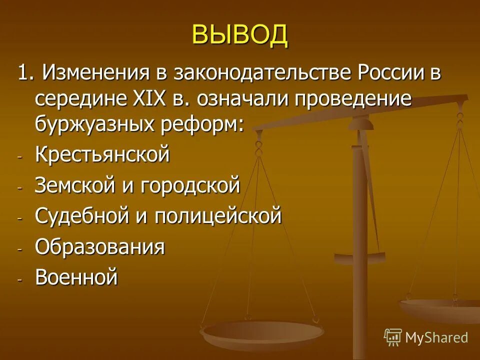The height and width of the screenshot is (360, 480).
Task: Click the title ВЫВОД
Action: point(240,35)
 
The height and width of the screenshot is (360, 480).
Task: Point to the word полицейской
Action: point(218,216)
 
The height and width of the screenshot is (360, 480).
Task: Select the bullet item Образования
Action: point(100,247)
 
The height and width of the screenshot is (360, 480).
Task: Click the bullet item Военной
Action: point(76,277)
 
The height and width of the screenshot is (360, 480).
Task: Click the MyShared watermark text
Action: point(436,337)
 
